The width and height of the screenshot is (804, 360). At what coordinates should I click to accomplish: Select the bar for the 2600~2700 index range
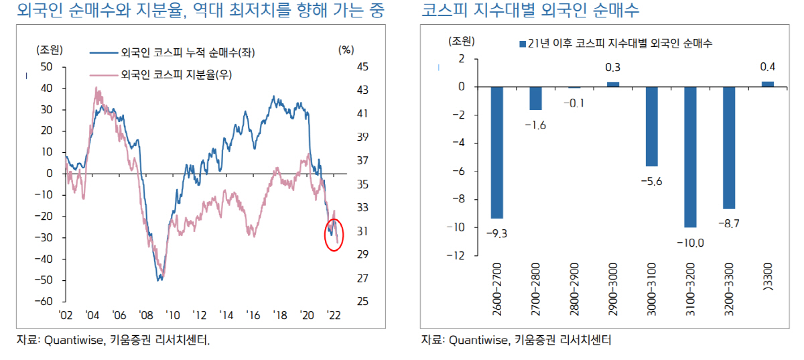(x=496, y=153)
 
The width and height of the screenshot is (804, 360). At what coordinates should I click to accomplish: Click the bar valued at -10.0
(x=689, y=158)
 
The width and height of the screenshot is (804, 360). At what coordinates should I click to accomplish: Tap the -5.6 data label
(x=651, y=182)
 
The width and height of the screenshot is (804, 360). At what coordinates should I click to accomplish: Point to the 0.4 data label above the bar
(x=767, y=67)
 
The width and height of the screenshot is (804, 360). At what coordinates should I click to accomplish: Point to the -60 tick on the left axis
(x=46, y=302)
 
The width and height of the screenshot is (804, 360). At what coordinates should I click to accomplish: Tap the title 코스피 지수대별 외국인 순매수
(x=530, y=11)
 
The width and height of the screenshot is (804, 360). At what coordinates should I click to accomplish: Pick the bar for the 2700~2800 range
(x=535, y=99)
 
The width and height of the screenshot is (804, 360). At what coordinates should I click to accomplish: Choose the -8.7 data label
(x=728, y=224)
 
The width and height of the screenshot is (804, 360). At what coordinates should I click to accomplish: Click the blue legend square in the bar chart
(x=523, y=44)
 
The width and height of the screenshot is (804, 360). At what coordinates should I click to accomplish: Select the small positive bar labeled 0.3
(x=612, y=84)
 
